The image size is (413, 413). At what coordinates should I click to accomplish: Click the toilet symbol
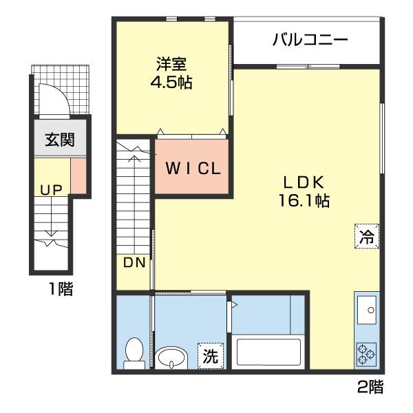[135, 354]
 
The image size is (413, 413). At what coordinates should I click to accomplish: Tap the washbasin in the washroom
[171, 358]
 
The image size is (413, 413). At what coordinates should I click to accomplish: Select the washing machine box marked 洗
[211, 356]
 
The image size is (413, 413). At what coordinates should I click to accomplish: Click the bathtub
[268, 352]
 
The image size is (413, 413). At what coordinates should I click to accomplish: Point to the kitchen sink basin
[367, 310]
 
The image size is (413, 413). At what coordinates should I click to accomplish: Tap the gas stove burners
[367, 354]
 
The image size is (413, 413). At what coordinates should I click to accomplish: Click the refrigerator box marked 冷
[367, 236]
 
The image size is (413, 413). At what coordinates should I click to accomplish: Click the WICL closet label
[193, 169]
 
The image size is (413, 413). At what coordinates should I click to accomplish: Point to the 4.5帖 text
[171, 82]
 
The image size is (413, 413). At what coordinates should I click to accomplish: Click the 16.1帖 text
[304, 201]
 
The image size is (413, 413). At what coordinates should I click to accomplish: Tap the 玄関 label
[60, 140]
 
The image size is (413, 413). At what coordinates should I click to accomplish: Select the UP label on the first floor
[52, 190]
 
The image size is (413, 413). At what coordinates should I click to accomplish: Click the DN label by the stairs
[134, 262]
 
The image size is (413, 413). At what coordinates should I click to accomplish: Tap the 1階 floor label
[61, 289]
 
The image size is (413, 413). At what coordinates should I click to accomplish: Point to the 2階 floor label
[370, 387]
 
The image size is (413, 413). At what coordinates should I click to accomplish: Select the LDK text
[304, 182]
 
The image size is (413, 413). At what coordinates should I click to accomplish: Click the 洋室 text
[171, 64]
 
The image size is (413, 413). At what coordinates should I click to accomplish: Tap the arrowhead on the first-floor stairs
[52, 233]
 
